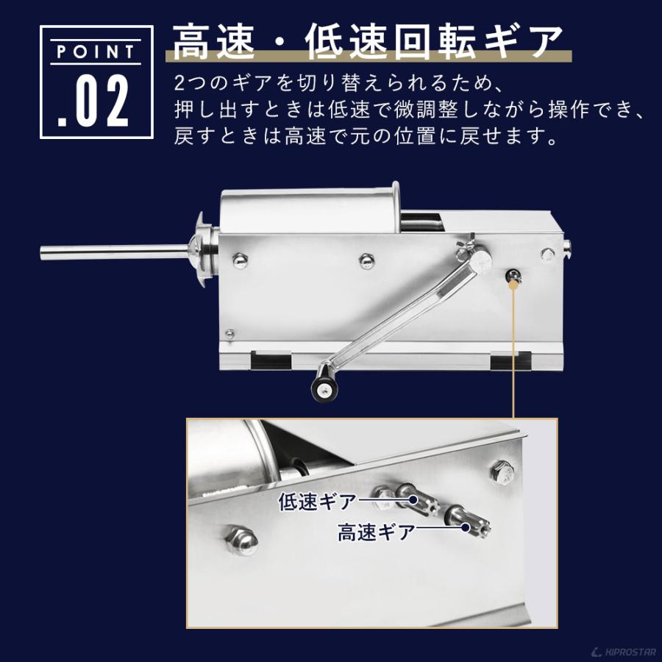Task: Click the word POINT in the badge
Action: [96, 53]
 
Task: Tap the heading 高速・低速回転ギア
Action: [368, 42]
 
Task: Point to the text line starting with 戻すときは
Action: [365, 137]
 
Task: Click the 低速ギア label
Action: [317, 502]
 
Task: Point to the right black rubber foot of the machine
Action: [510, 360]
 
